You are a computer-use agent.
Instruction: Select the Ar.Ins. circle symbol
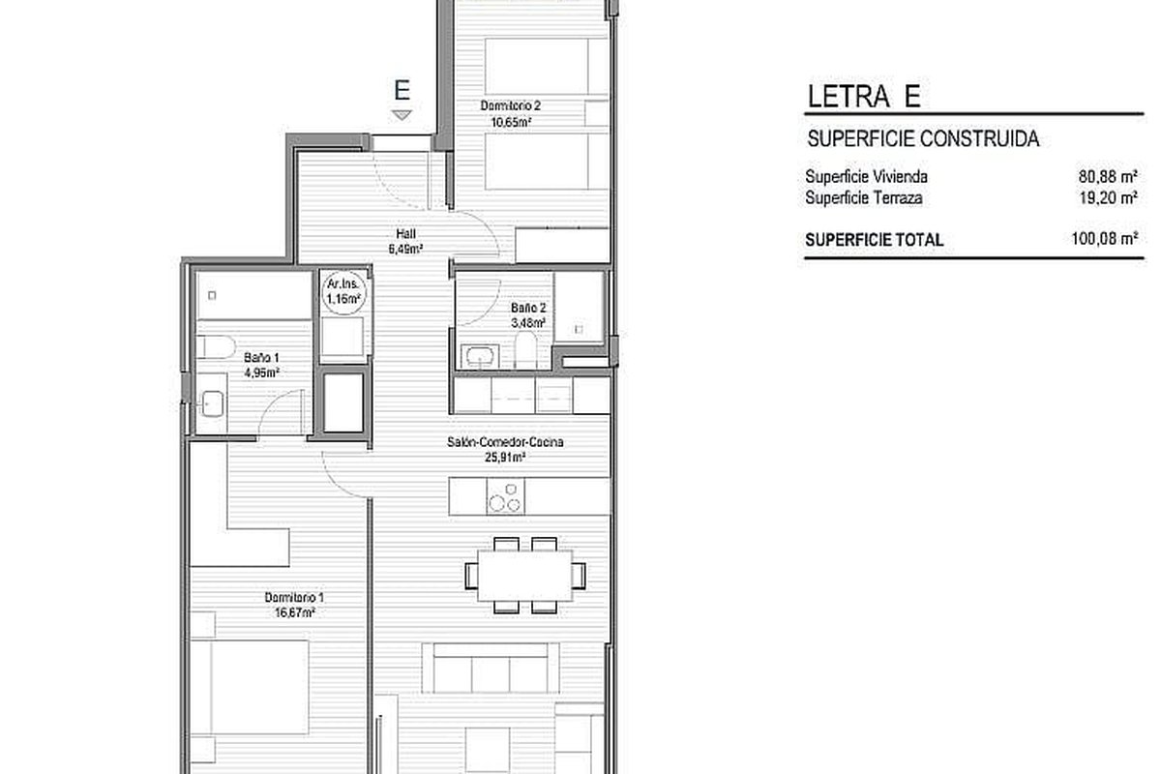[x=343, y=292]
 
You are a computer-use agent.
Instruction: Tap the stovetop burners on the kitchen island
[x=505, y=496]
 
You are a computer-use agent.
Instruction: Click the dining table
[x=525, y=576]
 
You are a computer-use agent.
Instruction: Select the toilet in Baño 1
[x=217, y=346]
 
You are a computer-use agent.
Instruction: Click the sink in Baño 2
[x=481, y=356]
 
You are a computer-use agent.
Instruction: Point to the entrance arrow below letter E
[x=402, y=115]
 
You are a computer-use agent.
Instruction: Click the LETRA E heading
[x=864, y=97]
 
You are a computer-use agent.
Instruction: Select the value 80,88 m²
[x=1108, y=177]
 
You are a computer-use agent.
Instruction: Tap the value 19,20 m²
[x=1108, y=198]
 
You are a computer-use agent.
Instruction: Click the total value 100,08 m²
[x=1105, y=239]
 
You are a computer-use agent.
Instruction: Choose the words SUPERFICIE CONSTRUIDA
[x=923, y=139]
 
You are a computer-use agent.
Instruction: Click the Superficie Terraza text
[x=864, y=198]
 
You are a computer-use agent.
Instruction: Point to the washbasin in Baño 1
[x=213, y=403]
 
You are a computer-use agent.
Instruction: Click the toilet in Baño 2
[x=525, y=350]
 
